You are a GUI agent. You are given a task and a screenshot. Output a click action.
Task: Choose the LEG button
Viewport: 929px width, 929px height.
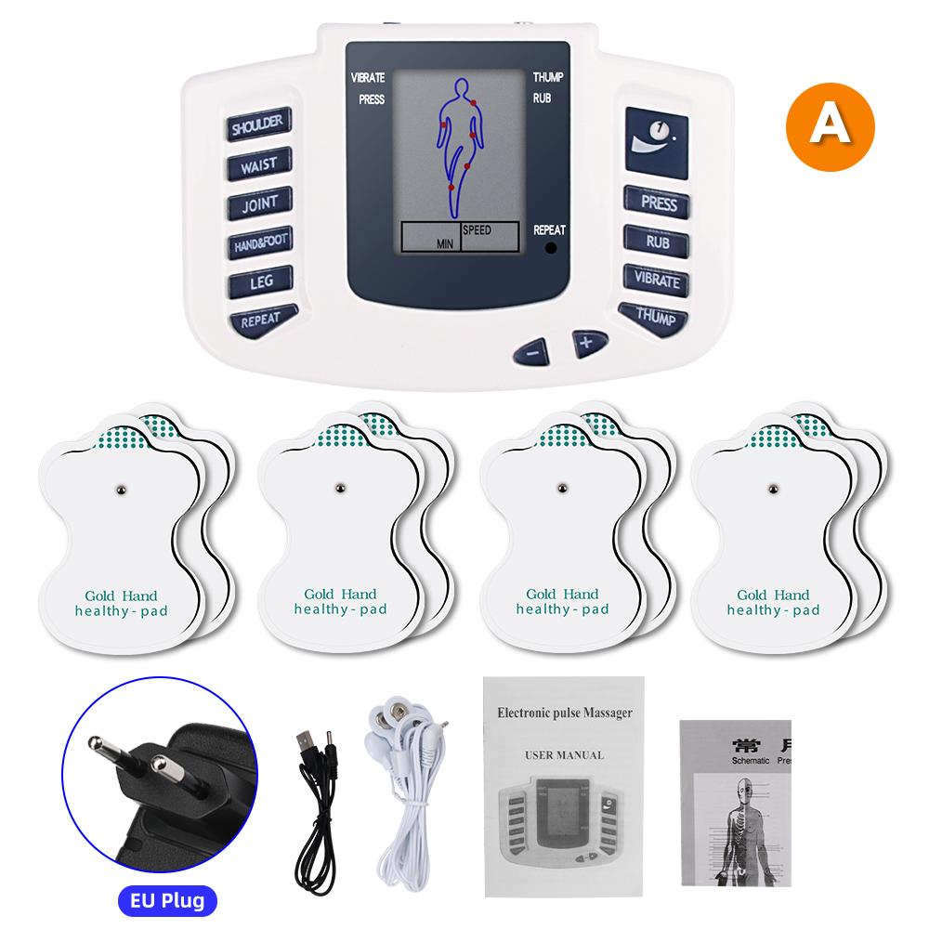pyautogui.click(x=259, y=281)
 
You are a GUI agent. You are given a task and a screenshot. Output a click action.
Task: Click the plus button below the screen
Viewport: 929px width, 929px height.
pyautogui.click(x=587, y=342)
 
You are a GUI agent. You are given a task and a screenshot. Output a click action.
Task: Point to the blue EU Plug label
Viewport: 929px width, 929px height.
pyautogui.click(x=167, y=900)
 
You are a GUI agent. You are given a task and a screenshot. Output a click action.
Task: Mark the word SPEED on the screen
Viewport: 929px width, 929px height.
pyautogui.click(x=476, y=229)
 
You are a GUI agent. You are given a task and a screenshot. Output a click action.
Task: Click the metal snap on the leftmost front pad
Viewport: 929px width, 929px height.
pyautogui.click(x=120, y=488)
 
